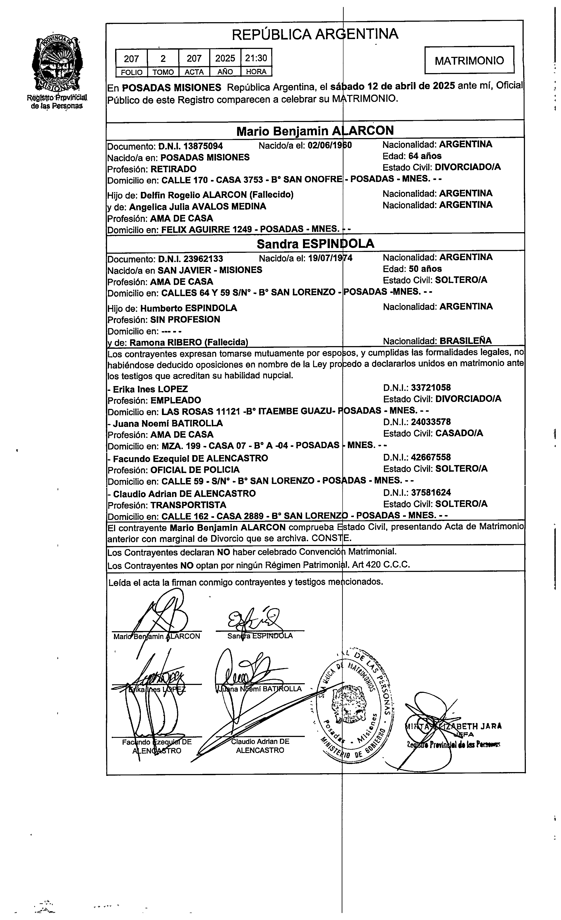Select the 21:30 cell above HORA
256,58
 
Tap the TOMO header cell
163,72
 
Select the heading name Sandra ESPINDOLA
315,244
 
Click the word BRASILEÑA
465,341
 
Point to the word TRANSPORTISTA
188,505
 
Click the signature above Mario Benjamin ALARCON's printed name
163,612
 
